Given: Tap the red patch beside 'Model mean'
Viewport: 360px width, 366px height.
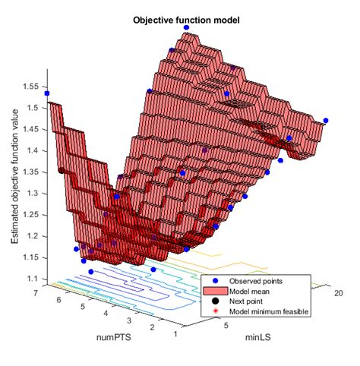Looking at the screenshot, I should (216, 292).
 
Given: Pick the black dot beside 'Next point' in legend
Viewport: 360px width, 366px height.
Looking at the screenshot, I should (216, 301).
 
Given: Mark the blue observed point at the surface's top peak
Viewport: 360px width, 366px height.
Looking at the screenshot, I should (186, 27).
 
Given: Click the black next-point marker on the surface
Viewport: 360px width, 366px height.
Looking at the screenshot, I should (62, 172).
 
